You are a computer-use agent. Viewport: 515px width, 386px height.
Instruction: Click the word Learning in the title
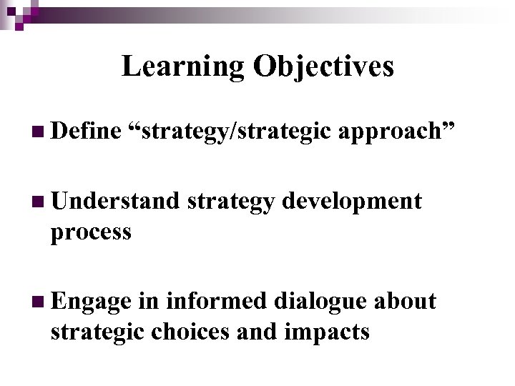(x=182, y=66)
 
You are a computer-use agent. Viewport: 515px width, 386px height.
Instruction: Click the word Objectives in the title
(x=323, y=66)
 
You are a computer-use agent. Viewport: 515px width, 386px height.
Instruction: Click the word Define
(x=84, y=130)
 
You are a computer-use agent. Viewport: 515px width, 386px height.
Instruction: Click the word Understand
(x=114, y=202)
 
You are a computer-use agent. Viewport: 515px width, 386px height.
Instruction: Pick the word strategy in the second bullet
(x=232, y=203)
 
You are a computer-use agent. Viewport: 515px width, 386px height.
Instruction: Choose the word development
(x=352, y=203)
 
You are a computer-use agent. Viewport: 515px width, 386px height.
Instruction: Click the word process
(x=91, y=232)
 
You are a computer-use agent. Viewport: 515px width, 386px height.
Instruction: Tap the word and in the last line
(x=261, y=332)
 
